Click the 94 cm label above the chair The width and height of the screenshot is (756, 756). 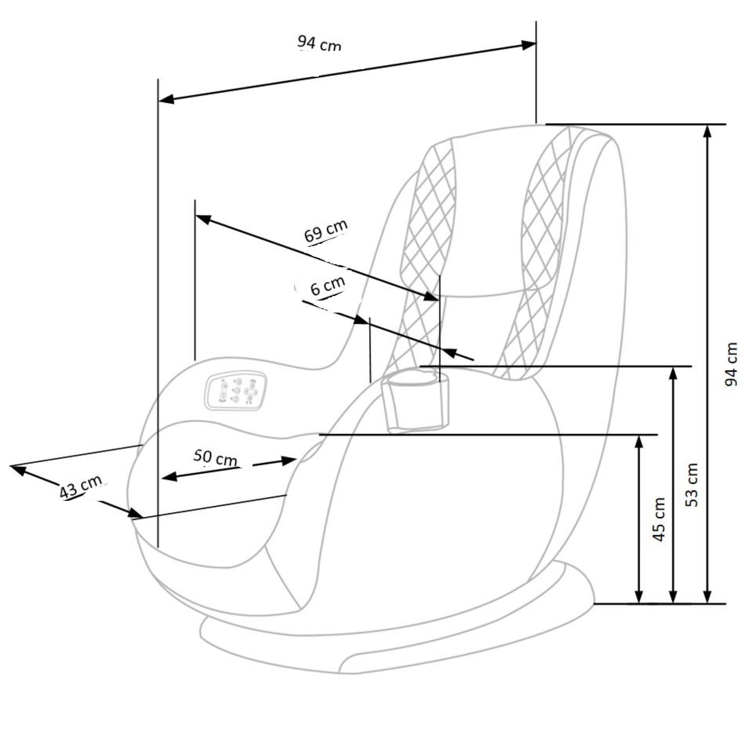click(319, 43)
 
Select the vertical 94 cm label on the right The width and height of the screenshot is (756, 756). click(731, 364)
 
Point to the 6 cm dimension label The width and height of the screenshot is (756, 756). click(327, 286)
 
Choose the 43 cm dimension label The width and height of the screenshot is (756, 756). click(81, 487)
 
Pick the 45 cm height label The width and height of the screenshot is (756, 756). click(659, 519)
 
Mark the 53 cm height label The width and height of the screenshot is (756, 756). click(692, 485)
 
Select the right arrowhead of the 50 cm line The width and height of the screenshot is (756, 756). click(290, 460)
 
